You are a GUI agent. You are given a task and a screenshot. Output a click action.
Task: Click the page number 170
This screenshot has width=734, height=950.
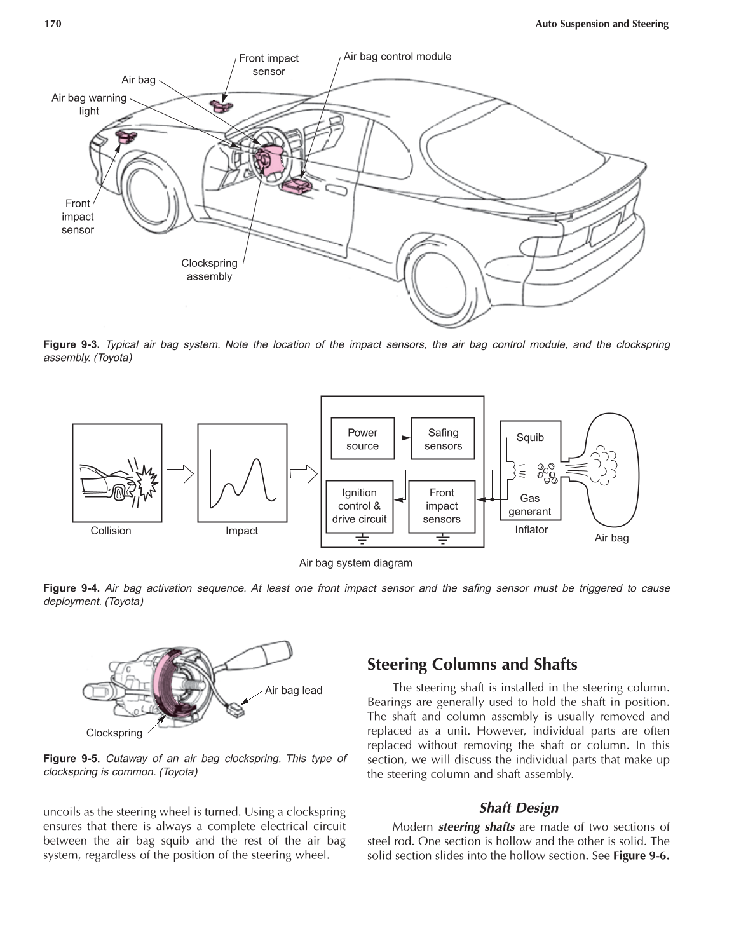(x=52, y=24)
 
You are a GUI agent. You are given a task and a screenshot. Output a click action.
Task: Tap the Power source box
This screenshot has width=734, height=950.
(x=362, y=439)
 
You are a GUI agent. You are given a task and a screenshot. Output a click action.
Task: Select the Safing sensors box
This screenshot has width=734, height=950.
(x=443, y=439)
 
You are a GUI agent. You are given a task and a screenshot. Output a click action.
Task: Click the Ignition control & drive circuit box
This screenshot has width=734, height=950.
(x=359, y=506)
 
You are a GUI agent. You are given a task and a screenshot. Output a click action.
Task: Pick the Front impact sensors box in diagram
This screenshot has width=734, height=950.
(x=442, y=506)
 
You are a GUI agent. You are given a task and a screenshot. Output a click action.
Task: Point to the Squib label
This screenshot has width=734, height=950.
(x=530, y=437)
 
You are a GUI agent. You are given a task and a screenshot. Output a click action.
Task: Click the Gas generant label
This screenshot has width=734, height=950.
(x=530, y=505)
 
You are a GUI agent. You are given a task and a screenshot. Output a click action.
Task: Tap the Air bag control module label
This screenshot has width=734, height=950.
(x=397, y=57)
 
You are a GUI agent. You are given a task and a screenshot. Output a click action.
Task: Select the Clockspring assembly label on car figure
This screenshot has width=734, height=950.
(x=209, y=269)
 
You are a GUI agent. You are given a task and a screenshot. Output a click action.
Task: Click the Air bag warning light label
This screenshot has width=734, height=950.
(x=89, y=104)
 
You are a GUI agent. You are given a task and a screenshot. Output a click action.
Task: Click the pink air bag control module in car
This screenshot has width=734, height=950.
(x=297, y=186)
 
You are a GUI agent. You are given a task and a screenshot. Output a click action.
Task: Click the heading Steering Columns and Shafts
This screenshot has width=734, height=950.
(x=472, y=665)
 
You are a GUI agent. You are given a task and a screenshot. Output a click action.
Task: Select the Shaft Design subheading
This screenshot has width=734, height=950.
(x=519, y=808)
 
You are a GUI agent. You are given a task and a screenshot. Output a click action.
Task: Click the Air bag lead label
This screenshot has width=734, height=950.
(x=294, y=691)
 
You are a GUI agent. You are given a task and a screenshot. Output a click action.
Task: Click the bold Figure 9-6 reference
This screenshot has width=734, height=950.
(x=641, y=855)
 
